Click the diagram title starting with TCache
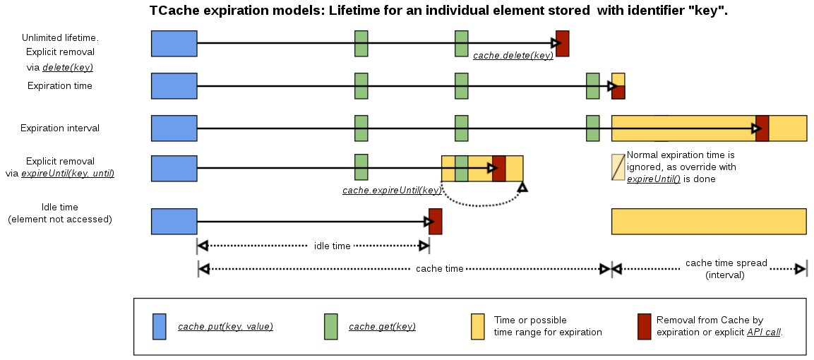click(438, 11)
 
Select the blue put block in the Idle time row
click(174, 221)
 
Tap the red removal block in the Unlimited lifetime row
click(562, 44)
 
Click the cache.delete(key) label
click(513, 55)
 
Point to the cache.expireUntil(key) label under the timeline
click(392, 191)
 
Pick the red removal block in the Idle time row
click(436, 221)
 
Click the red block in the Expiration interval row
click(762, 128)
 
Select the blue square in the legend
click(160, 326)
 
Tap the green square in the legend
click(330, 326)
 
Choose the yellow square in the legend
click(478, 326)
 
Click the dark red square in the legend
click(644, 326)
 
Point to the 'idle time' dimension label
click(332, 246)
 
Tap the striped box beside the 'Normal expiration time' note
click(618, 167)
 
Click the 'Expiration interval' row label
click(60, 128)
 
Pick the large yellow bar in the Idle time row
click(709, 221)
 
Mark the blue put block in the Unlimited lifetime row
click(174, 44)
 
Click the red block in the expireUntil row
click(498, 169)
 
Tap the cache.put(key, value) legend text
click(225, 326)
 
